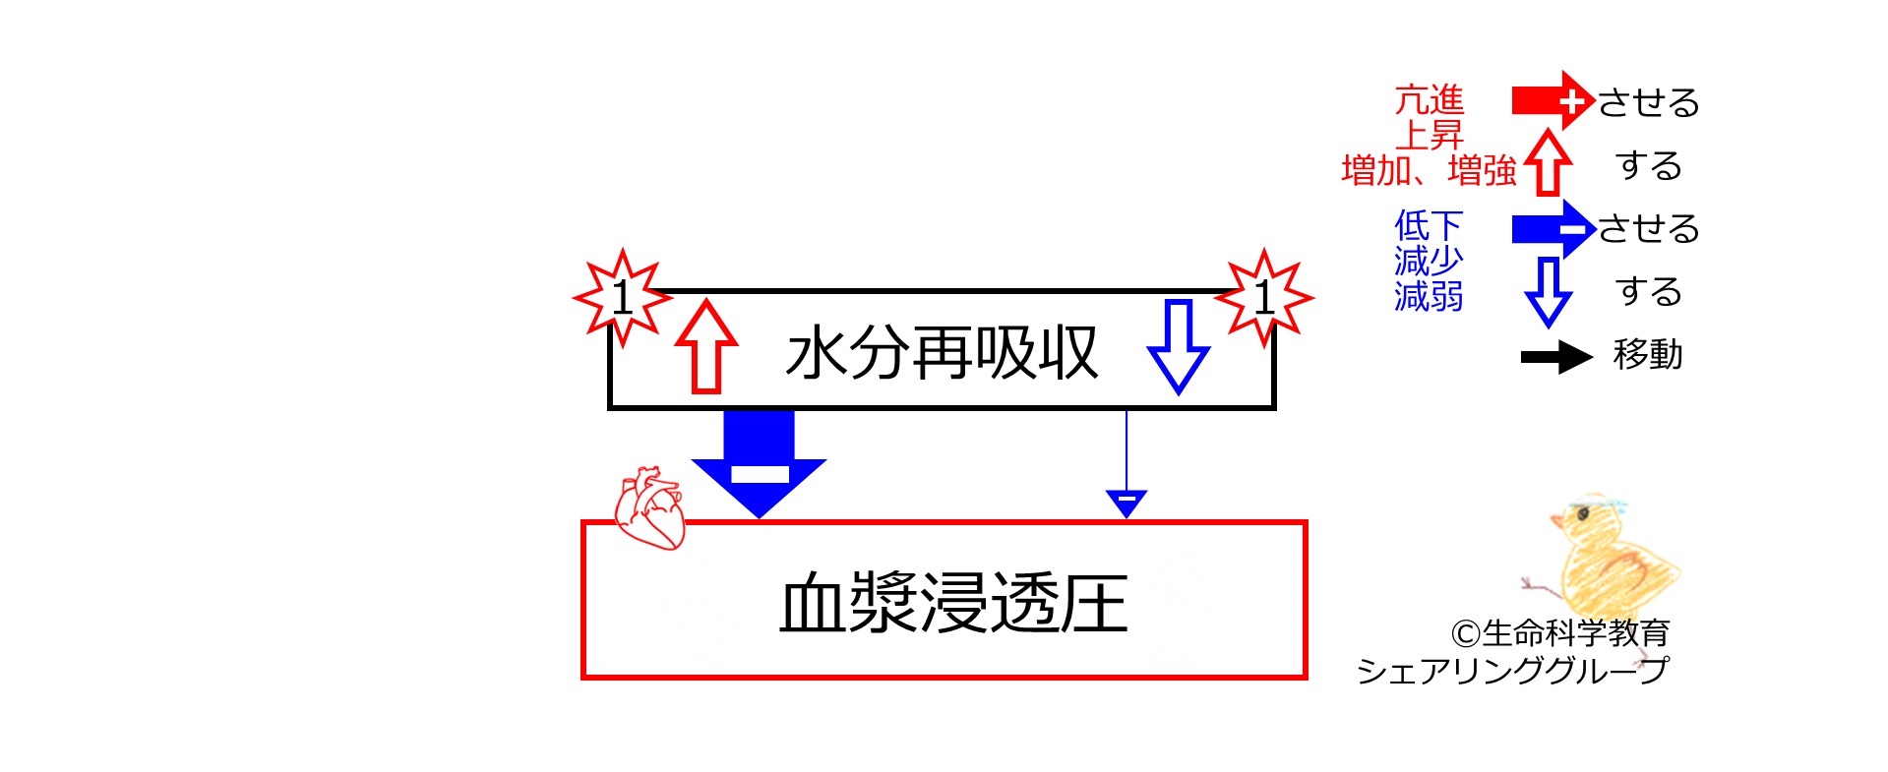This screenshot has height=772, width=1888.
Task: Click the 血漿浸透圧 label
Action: [x=952, y=603]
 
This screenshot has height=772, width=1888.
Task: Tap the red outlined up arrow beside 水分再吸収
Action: [x=706, y=346]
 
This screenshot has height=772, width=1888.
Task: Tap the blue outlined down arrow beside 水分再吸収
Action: [x=1178, y=346]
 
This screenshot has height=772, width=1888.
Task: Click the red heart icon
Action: [x=648, y=506]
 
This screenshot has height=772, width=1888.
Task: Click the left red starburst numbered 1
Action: [x=622, y=297]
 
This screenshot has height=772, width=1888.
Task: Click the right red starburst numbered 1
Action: [x=1264, y=297]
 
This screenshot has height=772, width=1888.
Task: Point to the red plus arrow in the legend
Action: [x=1553, y=100]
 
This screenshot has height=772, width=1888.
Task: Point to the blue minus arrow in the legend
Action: [x=1553, y=228]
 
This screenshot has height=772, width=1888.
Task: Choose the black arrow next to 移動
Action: [x=1556, y=357]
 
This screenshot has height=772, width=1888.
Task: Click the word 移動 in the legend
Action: [x=1648, y=354]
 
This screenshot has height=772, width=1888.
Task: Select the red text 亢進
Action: [x=1430, y=100]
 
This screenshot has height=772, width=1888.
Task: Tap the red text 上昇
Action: [x=1430, y=135]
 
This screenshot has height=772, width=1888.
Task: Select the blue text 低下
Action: [x=1430, y=225]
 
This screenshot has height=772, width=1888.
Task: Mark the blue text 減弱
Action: [x=1430, y=295]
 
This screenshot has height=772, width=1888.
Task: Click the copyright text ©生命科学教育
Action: [x=1560, y=632]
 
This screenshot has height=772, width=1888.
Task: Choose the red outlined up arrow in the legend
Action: [x=1548, y=162]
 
